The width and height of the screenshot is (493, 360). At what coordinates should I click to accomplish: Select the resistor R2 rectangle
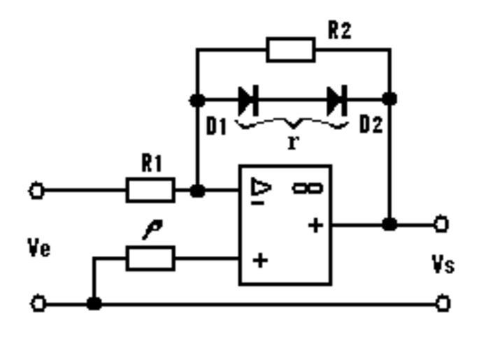pos(291,50)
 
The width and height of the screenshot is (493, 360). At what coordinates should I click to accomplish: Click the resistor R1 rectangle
pos(150,189)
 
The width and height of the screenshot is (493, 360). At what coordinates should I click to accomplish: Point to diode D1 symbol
pos(248,100)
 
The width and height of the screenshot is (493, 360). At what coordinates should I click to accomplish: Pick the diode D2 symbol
pos(337,100)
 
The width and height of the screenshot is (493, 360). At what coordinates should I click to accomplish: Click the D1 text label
pos(216,126)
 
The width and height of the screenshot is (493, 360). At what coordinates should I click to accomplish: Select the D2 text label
pos(371,125)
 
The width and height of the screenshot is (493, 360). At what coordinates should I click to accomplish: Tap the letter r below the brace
pos(292,142)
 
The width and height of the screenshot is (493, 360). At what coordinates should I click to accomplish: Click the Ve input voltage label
pos(39,248)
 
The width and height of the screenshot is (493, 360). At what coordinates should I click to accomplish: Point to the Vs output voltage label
pos(443,265)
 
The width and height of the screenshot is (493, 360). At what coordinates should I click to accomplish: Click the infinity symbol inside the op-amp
pos(307,187)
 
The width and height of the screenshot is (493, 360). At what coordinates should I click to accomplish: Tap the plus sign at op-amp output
pos(316,225)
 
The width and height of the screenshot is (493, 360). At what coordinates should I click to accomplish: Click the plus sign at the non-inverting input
pos(260,261)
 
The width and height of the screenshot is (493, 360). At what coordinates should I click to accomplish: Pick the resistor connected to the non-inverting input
pos(150,259)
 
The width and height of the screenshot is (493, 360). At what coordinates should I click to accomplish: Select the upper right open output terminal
pos(441,224)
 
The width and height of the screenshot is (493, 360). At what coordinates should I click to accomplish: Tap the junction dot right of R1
pos(198,190)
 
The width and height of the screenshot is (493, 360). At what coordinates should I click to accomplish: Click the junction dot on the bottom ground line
pos(94,303)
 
